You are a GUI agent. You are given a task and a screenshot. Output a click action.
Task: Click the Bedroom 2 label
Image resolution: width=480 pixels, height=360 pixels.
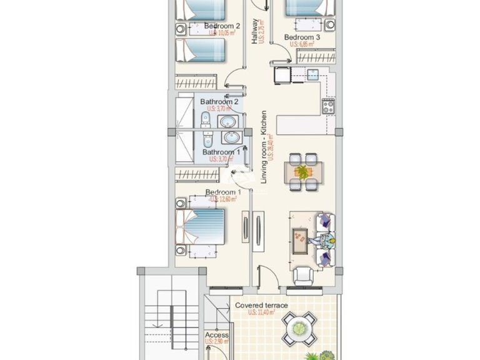[222, 26]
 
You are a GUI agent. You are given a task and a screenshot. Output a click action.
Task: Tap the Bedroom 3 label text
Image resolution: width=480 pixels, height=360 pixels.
[302, 37]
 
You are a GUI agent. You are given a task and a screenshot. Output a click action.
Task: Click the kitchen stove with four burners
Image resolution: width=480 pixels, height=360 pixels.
[329, 106]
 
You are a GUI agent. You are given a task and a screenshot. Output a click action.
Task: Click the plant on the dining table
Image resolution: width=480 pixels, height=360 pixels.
[302, 171]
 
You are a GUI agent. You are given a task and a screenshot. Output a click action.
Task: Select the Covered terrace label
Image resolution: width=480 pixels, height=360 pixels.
[261, 306]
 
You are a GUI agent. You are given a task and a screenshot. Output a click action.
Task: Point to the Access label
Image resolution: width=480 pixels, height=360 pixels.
[217, 336]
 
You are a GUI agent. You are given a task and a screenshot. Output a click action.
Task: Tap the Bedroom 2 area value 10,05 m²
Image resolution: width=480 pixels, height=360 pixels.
[222, 34]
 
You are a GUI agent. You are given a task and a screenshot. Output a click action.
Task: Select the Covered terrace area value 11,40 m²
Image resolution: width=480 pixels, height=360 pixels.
[262, 312]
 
